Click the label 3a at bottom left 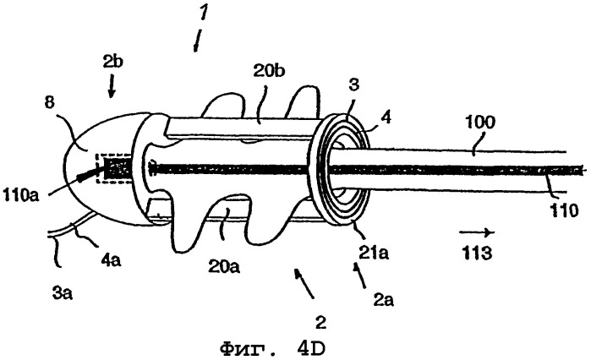pyautogui.click(x=60, y=297)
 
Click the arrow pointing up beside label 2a pyautogui.click(x=358, y=271)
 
